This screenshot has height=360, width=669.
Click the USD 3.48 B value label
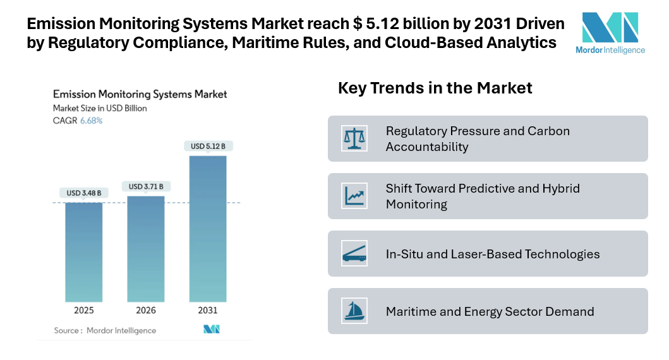(83, 193)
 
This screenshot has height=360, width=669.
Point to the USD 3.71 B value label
(146, 186)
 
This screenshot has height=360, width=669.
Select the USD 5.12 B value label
(208, 147)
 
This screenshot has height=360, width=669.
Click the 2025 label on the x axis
(83, 310)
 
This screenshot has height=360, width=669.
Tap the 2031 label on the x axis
(208, 310)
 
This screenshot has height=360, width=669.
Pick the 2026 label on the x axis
(146, 310)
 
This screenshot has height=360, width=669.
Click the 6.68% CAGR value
(91, 121)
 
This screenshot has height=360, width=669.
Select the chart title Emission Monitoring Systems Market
(140, 94)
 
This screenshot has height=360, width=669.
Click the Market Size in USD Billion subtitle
(100, 108)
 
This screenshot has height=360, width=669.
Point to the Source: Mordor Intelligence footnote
(105, 330)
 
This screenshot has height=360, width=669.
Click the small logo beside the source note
(211, 329)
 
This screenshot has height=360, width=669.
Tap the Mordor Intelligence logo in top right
(610, 33)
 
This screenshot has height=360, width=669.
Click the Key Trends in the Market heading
(435, 88)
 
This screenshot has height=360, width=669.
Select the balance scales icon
(354, 138)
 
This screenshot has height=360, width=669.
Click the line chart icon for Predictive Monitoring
(354, 196)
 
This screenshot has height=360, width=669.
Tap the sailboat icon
(354, 311)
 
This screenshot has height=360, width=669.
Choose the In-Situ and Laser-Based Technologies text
(493, 254)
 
